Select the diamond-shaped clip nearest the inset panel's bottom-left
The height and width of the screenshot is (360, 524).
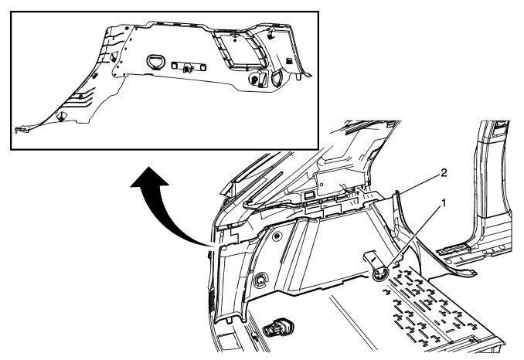[x=61, y=117]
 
